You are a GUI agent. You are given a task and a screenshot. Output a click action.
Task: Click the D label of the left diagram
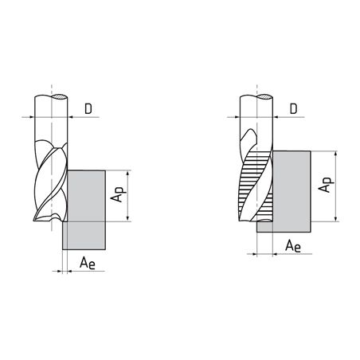(88, 109)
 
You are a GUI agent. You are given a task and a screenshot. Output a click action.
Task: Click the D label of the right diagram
(293, 109)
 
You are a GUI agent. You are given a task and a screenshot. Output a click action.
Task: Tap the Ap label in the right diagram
(326, 185)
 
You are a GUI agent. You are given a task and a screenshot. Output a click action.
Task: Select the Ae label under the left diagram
(88, 263)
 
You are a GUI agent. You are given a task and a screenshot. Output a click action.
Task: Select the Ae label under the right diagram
(293, 246)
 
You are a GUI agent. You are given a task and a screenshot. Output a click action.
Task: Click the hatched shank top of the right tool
(264, 97)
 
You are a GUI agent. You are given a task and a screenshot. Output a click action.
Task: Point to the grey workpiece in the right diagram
(292, 191)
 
